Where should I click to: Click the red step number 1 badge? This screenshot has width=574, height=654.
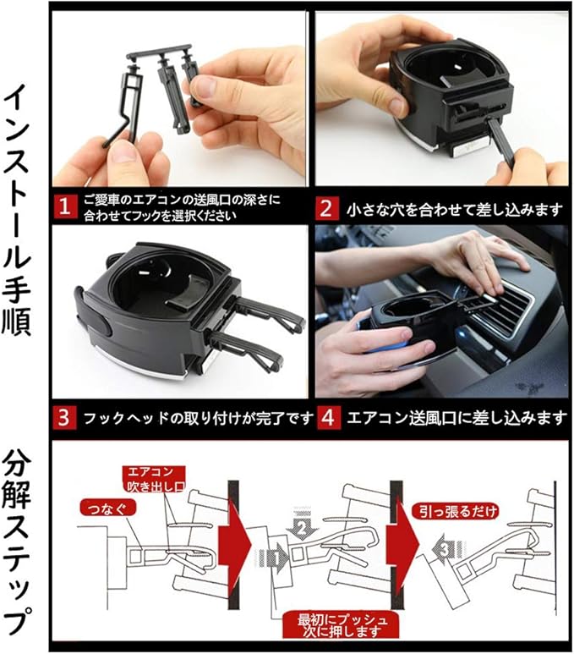pyautogui.click(x=64, y=206)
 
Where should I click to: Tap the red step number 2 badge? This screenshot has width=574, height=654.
pyautogui.click(x=326, y=208)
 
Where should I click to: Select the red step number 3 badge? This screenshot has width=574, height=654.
pyautogui.click(x=64, y=417)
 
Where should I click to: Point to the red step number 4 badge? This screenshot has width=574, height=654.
pyautogui.click(x=329, y=417)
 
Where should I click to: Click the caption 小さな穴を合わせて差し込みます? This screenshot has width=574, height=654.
pyautogui.click(x=454, y=209)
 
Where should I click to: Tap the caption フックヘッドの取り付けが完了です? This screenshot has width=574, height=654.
pyautogui.click(x=198, y=418)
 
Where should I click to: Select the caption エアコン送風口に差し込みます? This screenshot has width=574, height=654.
pyautogui.click(x=456, y=418)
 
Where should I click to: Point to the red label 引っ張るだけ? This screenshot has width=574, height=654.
pyautogui.click(x=455, y=511)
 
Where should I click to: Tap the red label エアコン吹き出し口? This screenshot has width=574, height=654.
pyautogui.click(x=154, y=479)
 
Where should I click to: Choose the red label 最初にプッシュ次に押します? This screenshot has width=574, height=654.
pyautogui.click(x=342, y=624)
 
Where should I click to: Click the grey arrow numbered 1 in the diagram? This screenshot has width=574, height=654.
pyautogui.click(x=273, y=558)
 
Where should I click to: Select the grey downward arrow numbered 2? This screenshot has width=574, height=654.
pyautogui.click(x=302, y=525)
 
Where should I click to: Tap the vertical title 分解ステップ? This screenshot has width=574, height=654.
pyautogui.click(x=17, y=542)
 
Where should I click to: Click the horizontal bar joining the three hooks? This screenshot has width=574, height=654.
pyautogui.click(x=159, y=52)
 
